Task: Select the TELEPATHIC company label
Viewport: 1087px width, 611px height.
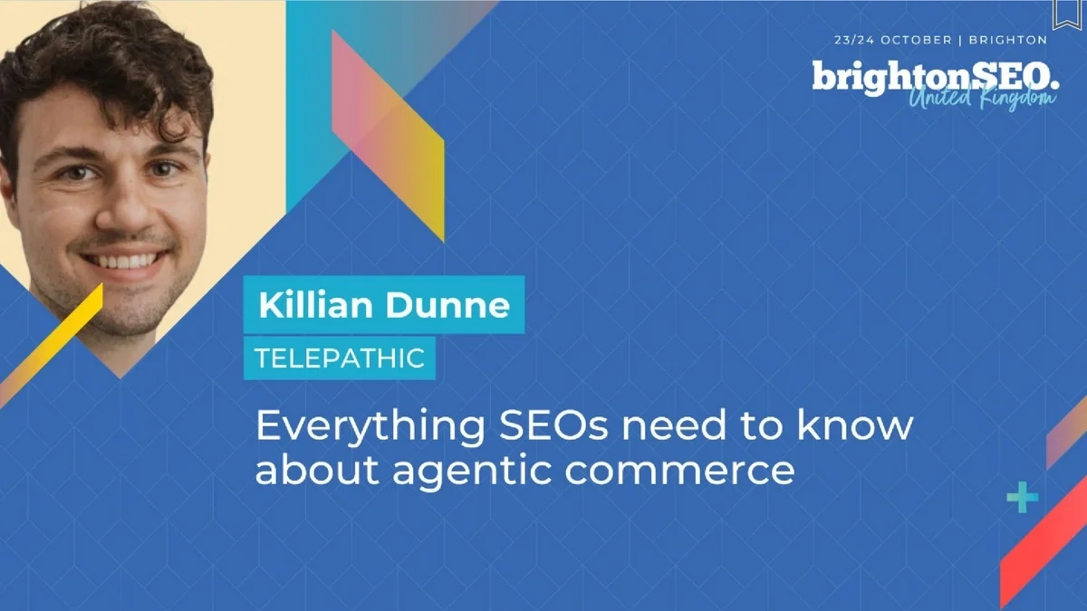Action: (340, 358)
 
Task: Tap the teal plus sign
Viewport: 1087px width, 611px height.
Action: (1023, 497)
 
